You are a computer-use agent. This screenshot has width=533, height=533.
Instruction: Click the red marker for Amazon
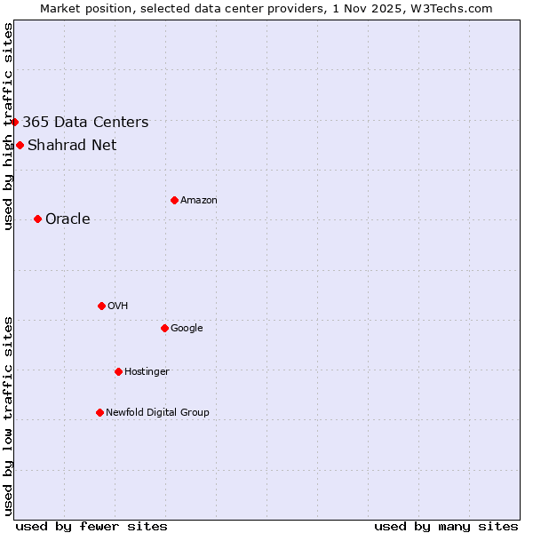pos(174,200)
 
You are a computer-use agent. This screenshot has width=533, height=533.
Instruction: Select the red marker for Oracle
pos(37,219)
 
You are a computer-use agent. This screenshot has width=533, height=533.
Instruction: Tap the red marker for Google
pos(164,328)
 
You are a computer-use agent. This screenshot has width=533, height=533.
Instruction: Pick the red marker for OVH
pos(101,306)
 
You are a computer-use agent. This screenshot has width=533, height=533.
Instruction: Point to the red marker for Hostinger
pos(118,371)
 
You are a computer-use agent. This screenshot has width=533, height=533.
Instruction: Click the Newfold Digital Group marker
pos(99,412)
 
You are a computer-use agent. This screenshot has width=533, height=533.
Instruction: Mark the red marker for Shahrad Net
pos(20,145)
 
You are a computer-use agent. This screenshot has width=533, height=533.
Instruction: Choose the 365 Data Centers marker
pos(15,122)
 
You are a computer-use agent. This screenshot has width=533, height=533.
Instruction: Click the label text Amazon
pos(199,201)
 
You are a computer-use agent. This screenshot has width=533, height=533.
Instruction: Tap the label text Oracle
pos(68,219)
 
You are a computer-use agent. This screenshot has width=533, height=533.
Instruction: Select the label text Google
pos(187,329)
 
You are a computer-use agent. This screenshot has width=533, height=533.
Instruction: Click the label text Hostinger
pos(147,372)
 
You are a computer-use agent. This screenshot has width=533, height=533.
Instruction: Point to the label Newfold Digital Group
pos(157,413)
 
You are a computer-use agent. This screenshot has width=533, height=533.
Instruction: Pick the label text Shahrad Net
pos(72,146)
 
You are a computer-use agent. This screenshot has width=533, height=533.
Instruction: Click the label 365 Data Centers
pos(85,123)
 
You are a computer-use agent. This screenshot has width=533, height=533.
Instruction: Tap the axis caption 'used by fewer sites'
pos(91,527)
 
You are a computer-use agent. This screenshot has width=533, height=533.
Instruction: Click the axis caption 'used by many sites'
pos(446,527)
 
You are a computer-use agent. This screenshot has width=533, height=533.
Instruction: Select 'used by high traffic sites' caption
pos(8,126)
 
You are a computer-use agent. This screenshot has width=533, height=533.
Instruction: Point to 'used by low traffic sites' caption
pos(8,416)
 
